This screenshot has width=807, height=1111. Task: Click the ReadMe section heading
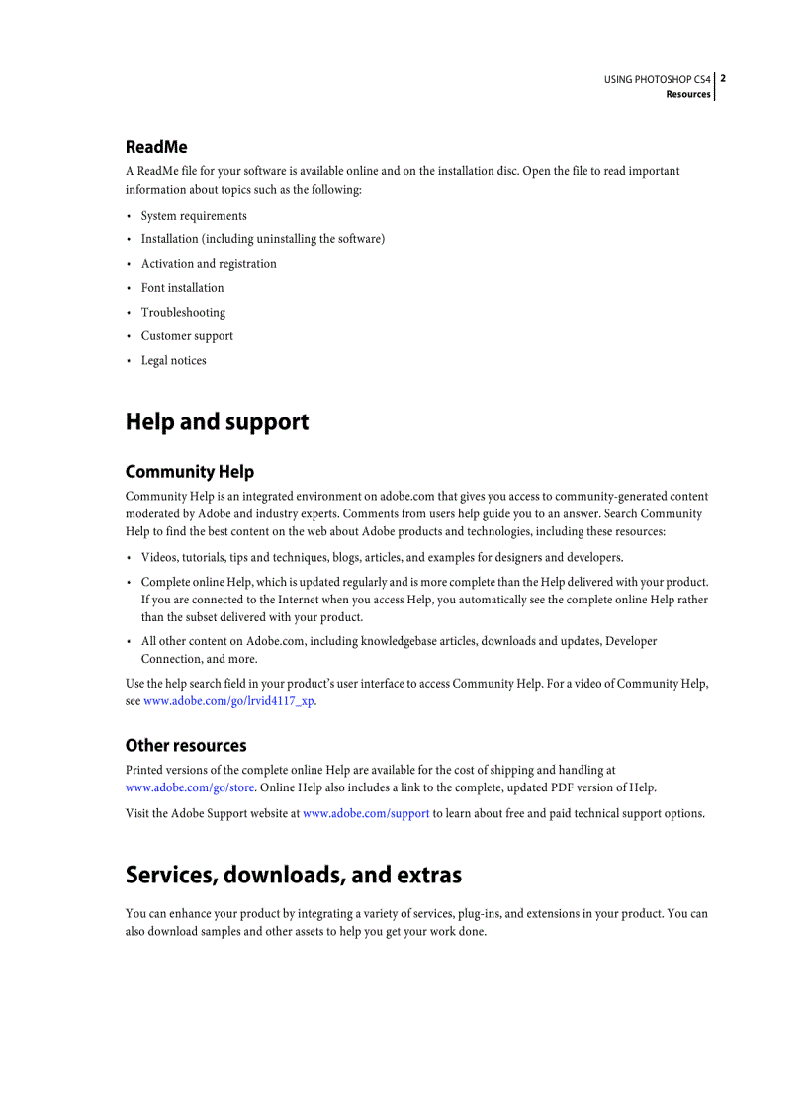click(x=156, y=147)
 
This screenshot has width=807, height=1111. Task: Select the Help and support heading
click(x=217, y=422)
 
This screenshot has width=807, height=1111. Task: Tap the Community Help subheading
click(x=189, y=472)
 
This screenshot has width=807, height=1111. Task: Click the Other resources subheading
click(x=186, y=746)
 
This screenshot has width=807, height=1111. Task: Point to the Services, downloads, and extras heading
click(x=293, y=876)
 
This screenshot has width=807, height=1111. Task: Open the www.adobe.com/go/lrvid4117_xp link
click(x=229, y=700)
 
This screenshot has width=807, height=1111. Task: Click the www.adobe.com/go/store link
click(x=190, y=787)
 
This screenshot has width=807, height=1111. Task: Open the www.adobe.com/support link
click(x=366, y=813)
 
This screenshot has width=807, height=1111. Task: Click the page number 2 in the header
click(x=723, y=78)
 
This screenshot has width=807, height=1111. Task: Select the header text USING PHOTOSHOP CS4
click(x=657, y=79)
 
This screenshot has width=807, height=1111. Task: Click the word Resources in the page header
click(x=688, y=94)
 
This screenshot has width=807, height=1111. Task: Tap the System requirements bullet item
click(x=194, y=216)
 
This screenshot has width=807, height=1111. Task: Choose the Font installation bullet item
click(x=182, y=288)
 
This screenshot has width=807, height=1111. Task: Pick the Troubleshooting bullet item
click(x=183, y=313)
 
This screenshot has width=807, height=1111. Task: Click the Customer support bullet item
click(x=187, y=336)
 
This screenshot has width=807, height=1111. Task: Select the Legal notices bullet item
click(x=173, y=361)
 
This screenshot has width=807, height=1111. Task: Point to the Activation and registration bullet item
click(x=209, y=264)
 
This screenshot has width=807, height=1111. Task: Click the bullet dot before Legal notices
click(x=129, y=361)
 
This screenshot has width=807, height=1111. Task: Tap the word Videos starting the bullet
click(x=158, y=558)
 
